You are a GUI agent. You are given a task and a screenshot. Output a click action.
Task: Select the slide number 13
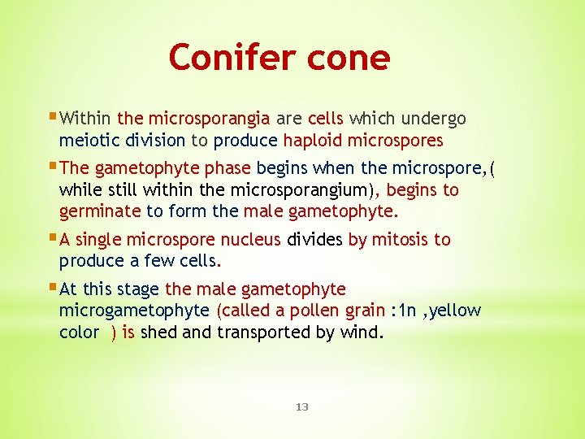(302, 406)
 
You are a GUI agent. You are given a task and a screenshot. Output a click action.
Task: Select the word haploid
(313, 141)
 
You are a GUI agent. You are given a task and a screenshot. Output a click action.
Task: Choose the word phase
(227, 168)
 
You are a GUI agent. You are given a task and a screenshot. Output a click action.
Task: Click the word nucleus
(251, 240)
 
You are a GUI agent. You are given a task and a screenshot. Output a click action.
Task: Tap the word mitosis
(400, 240)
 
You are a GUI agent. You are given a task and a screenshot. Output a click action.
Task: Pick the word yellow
(455, 311)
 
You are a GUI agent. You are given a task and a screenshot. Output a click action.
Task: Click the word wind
(362, 333)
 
